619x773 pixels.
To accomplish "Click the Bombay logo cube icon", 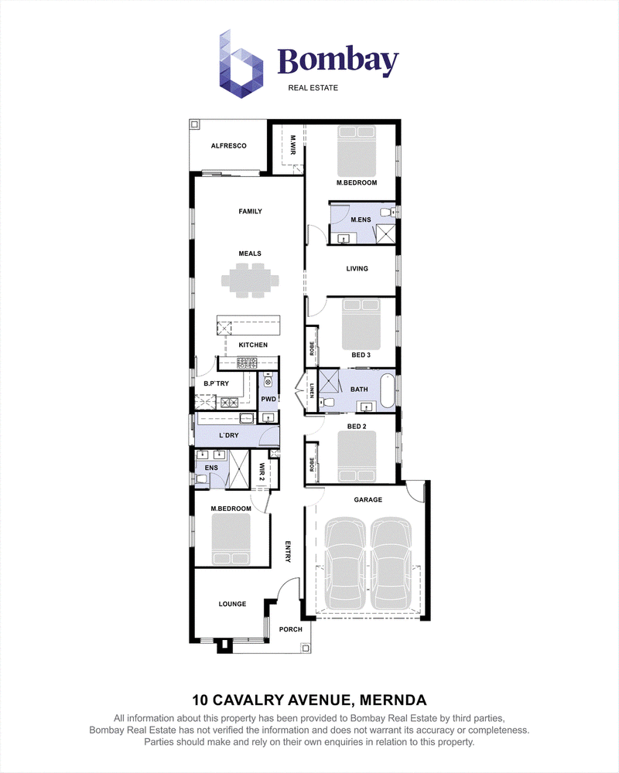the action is [x=241, y=63].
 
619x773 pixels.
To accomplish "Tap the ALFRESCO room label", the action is [x=228, y=146].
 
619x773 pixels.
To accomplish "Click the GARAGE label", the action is [x=368, y=500].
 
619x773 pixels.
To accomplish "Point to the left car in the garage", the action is [x=345, y=564].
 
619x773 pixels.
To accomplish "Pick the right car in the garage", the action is [x=391, y=564].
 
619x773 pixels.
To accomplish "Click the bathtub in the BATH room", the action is [x=388, y=391].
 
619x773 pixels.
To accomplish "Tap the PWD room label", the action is [x=268, y=400].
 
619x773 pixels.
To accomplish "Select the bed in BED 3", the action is [x=361, y=323].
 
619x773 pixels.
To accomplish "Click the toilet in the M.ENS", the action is [x=388, y=213].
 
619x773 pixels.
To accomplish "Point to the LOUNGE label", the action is [x=232, y=604].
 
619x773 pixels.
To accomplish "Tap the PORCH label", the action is [x=291, y=629].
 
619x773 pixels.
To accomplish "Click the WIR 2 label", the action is [x=262, y=472].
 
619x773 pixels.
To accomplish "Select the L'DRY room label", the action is [x=228, y=435].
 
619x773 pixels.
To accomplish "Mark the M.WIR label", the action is [x=292, y=145].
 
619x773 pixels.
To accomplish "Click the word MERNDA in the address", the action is [x=393, y=700].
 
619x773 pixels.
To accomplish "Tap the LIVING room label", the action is [x=357, y=269].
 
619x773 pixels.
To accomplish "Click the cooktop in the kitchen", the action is [x=247, y=364].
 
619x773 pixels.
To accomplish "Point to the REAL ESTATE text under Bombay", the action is [x=313, y=88].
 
